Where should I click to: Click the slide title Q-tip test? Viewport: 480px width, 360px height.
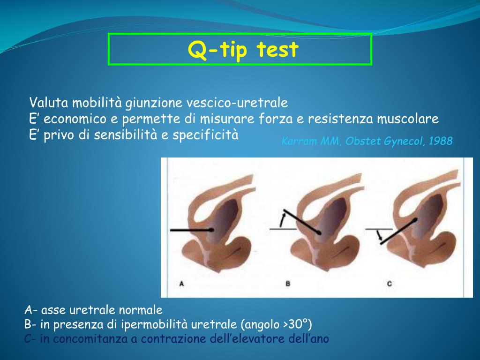[243, 49]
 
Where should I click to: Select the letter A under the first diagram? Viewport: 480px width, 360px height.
[181, 284]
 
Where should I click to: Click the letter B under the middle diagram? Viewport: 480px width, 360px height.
[288, 284]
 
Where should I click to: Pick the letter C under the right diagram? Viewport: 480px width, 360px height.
[390, 284]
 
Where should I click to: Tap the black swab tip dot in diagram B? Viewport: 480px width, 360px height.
[319, 232]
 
